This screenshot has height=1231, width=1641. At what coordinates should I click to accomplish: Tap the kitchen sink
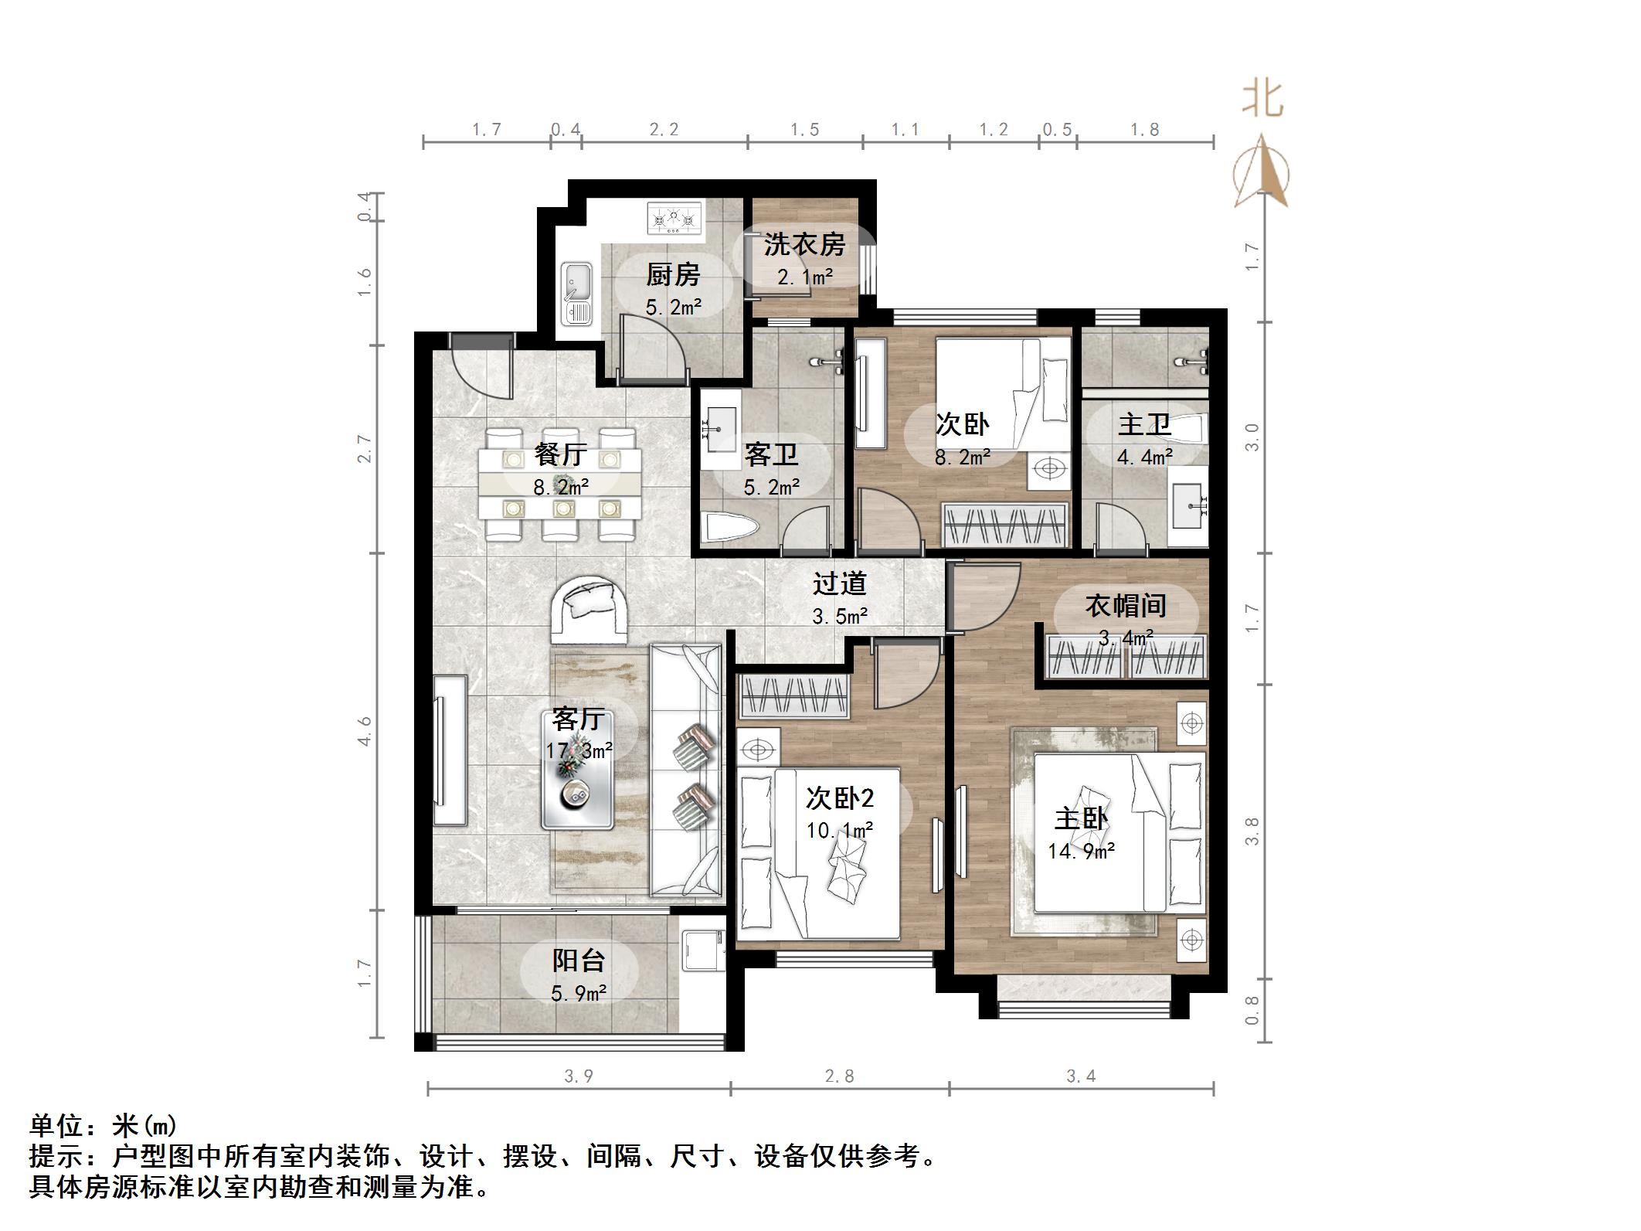click(x=576, y=294)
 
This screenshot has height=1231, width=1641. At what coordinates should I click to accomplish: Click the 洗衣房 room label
click(x=804, y=244)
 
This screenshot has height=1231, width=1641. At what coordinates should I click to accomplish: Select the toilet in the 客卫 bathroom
click(x=729, y=529)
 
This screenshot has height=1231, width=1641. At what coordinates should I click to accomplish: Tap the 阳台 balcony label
click(x=578, y=961)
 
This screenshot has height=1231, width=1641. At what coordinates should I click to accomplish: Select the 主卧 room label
click(x=1082, y=819)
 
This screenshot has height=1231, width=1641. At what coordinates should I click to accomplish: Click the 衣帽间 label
click(x=1126, y=606)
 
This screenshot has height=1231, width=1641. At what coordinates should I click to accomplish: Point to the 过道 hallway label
click(x=839, y=583)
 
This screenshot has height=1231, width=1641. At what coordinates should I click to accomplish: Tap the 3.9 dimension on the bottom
click(x=579, y=1076)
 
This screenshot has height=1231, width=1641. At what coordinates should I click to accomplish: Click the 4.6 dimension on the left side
click(x=365, y=731)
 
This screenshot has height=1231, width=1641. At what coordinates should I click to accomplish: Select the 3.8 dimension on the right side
click(x=1252, y=831)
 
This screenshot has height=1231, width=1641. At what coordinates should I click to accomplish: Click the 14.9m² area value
click(x=1081, y=852)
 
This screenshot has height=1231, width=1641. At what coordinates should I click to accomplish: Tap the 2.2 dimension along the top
click(x=664, y=130)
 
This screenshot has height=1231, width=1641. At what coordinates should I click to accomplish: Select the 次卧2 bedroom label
click(x=841, y=798)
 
